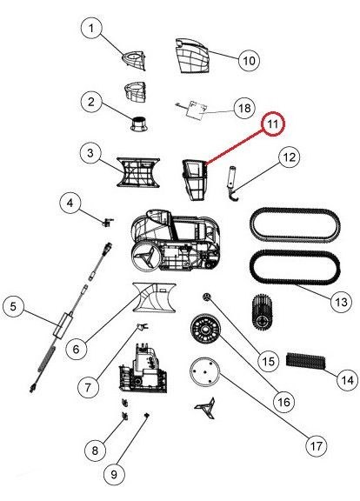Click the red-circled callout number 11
tap(273, 124)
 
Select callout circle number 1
tap(91, 28)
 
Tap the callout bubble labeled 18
tap(244, 108)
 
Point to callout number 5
tap(13, 307)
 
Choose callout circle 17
tap(316, 445)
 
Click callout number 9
tap(114, 475)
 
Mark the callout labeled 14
tap(347, 380)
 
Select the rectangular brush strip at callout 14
tap(306, 361)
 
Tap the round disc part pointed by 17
tap(204, 372)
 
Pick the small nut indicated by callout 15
tap(207, 297)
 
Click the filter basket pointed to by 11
tap(195, 180)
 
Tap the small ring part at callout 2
tap(139, 124)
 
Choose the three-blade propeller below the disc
tap(205, 408)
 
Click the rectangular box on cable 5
tap(63, 324)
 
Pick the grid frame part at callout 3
tap(138, 172)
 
